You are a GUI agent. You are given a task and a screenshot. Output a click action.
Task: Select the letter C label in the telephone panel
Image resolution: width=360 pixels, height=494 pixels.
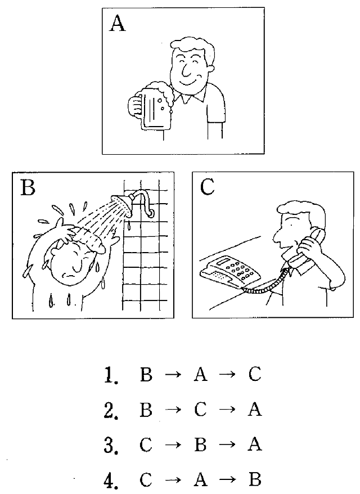coord(207,187)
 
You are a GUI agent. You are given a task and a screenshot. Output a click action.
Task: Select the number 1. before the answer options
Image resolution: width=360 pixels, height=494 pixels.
coord(111,375)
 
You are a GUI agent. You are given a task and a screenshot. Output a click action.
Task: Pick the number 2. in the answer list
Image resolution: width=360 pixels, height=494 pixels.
coord(111,410)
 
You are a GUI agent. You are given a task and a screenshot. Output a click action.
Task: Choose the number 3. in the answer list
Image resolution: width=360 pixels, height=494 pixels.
coord(111,445)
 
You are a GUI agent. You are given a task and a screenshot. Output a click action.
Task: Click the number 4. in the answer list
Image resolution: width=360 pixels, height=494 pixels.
coord(111,480)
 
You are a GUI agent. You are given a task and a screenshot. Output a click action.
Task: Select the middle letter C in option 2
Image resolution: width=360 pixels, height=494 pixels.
coord(200,411)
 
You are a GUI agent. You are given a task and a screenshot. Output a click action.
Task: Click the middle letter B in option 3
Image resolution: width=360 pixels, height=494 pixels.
coord(200,446)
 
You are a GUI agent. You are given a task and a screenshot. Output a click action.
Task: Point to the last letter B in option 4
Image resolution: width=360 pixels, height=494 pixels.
coord(254,480)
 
